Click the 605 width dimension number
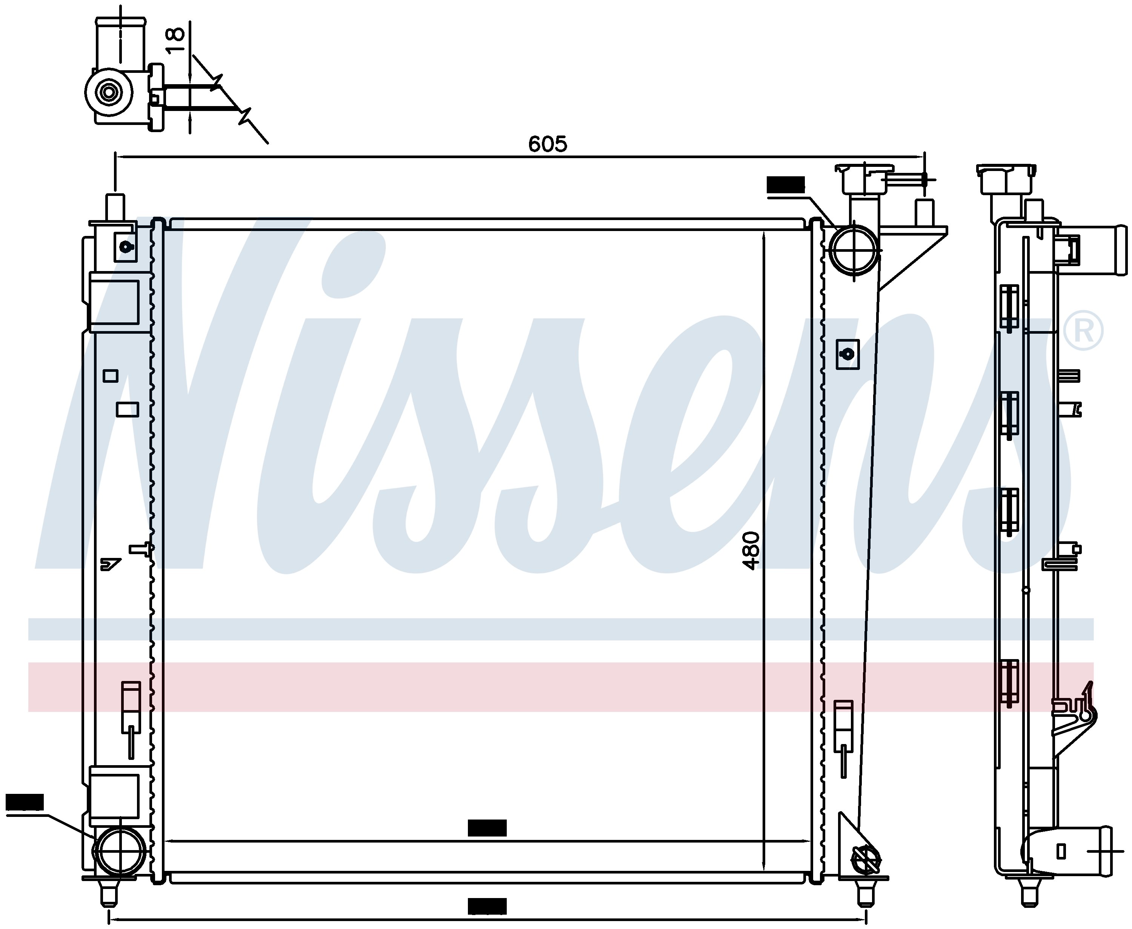coord(547,144)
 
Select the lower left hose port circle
coord(119,851)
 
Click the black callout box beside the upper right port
coord(785,185)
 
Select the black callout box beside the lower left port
coord(25,802)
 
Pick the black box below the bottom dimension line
coord(487,906)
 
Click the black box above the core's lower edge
coord(487,828)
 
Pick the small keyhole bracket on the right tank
coord(848,354)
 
